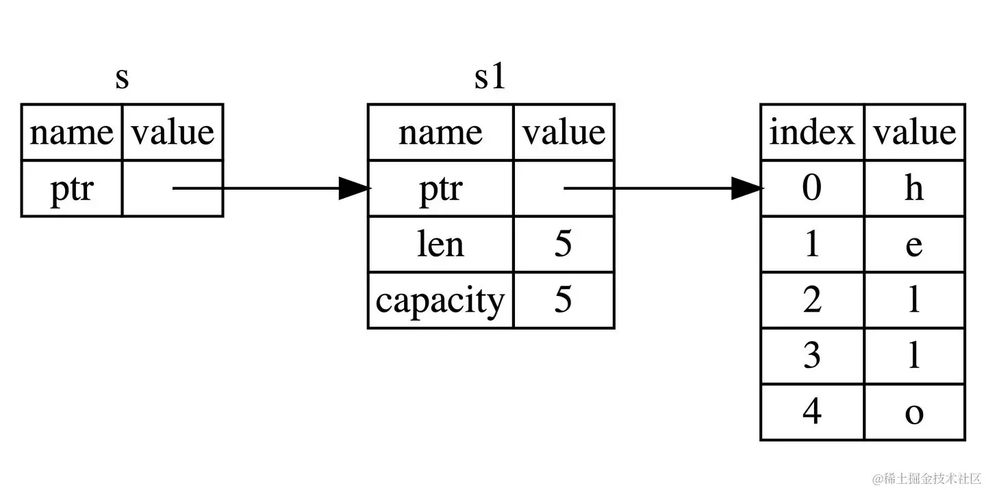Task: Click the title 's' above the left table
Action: [122, 78]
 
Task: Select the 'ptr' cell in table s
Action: [71, 188]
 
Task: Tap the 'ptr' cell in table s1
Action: [440, 188]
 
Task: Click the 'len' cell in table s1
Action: [440, 245]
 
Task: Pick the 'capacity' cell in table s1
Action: [440, 301]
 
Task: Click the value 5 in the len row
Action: [563, 245]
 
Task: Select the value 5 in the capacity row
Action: [563, 301]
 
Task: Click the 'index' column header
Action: [812, 132]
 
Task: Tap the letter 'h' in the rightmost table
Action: [914, 188]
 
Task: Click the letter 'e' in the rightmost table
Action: [914, 245]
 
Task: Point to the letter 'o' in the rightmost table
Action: [914, 413]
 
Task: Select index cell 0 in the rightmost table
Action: [812, 188]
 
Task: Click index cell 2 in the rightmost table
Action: [812, 301]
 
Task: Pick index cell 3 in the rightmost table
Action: [812, 356]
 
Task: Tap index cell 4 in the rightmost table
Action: [812, 413]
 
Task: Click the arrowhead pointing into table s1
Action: [355, 188]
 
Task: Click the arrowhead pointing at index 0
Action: [747, 188]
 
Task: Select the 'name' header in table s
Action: [71, 132]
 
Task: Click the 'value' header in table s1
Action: [563, 132]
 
